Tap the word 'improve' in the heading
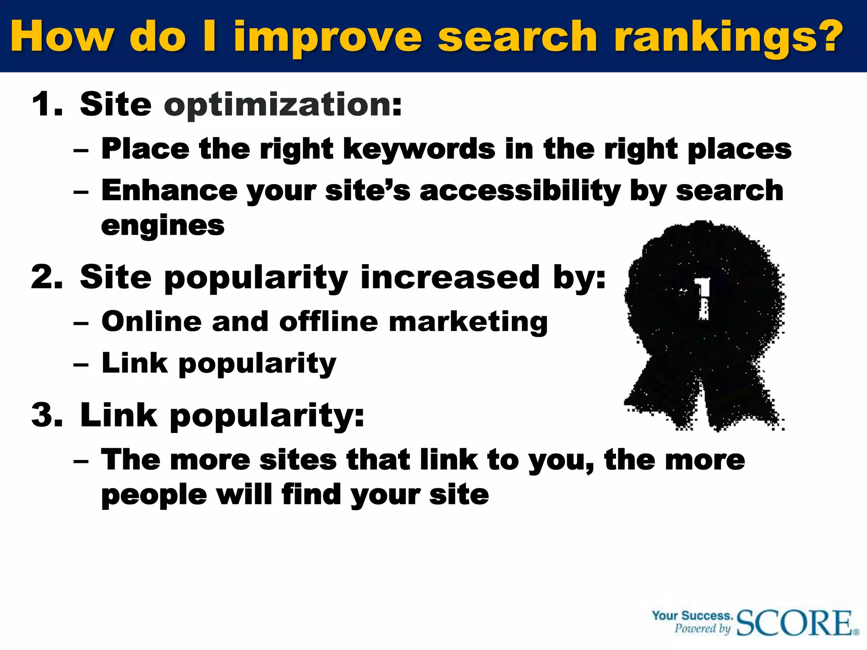[x=328, y=37]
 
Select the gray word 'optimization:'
[x=283, y=105]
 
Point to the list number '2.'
[x=47, y=278]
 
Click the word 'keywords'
[x=419, y=149]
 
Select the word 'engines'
[x=163, y=226]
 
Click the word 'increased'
[x=450, y=278]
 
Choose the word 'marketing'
[x=468, y=322]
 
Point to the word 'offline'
[x=328, y=321]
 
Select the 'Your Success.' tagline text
[x=692, y=616]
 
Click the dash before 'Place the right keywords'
[x=81, y=151]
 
